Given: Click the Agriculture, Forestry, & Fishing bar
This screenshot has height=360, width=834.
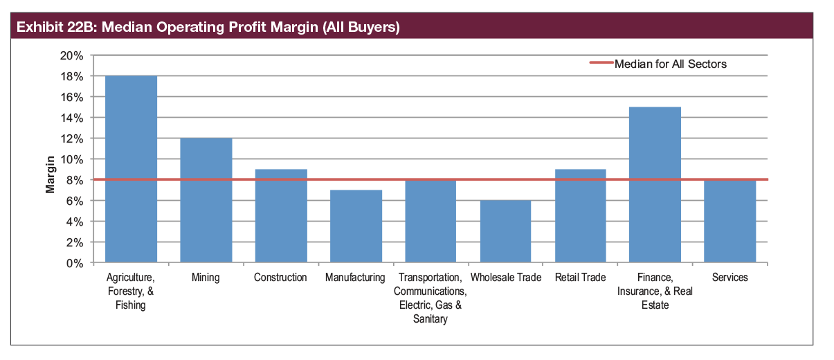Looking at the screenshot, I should pos(131,170).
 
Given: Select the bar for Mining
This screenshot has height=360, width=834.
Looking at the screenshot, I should pos(206,201).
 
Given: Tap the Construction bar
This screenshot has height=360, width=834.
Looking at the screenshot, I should pos(281,216).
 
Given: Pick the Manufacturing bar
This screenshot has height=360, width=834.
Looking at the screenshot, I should pos(356,226).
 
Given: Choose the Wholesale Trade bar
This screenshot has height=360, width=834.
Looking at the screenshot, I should pos(506,232).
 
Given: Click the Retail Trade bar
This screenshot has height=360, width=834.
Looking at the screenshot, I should pos(581,216).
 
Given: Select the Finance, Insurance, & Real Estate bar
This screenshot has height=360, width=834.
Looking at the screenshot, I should pos(655,185).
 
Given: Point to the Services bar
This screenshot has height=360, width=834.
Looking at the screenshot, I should pos(730,222).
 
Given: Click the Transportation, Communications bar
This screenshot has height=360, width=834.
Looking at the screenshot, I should pos(430,222).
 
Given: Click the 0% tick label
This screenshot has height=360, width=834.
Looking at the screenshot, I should pos(75,263).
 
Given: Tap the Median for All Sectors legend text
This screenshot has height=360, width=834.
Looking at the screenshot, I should pos(671,64).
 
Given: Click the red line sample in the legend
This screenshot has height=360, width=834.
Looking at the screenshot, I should pos(601,64).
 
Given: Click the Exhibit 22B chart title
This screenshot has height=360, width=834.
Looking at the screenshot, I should pos(208,28).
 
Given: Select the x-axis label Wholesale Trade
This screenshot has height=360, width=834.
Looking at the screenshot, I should pos(506,278).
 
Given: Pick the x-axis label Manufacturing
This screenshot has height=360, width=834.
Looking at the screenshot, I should pos(356,278).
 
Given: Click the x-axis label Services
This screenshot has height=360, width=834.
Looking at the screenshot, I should pos(730,278).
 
